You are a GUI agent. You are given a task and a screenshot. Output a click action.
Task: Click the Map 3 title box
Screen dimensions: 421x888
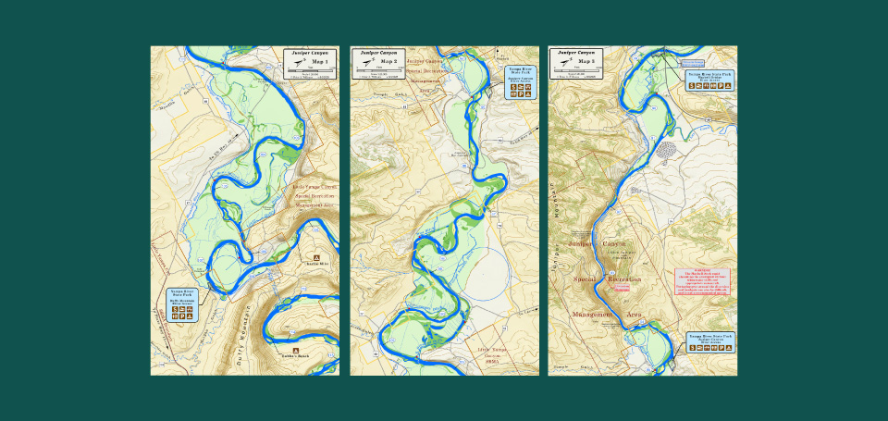point(576,63)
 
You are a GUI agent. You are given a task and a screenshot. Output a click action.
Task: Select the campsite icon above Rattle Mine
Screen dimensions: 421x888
point(316,256)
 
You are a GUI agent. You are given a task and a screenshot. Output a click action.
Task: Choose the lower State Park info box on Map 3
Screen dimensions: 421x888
point(709,343)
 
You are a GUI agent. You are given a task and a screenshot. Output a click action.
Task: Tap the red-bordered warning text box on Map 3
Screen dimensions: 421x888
point(703,282)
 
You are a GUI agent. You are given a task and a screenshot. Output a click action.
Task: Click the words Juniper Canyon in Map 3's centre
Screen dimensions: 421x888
point(598,243)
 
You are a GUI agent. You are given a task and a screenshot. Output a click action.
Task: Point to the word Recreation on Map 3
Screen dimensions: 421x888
point(624,279)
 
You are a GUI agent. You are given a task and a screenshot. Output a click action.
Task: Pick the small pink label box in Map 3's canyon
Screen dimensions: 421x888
point(623,289)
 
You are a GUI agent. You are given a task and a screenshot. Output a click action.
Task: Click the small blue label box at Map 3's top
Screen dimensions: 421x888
point(692,64)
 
